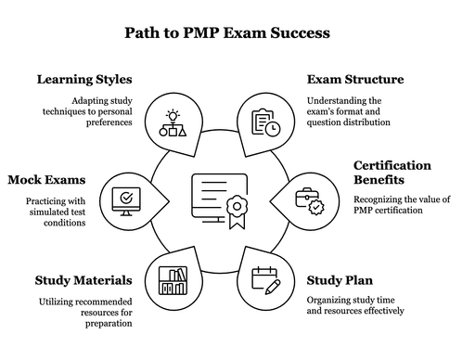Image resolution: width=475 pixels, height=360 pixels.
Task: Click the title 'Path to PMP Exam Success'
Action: coord(227,35)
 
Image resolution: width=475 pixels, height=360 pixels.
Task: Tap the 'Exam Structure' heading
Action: coord(355,79)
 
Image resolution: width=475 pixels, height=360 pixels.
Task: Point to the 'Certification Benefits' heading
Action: coord(392,173)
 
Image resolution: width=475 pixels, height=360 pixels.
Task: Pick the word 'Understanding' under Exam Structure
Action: coord(339,100)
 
